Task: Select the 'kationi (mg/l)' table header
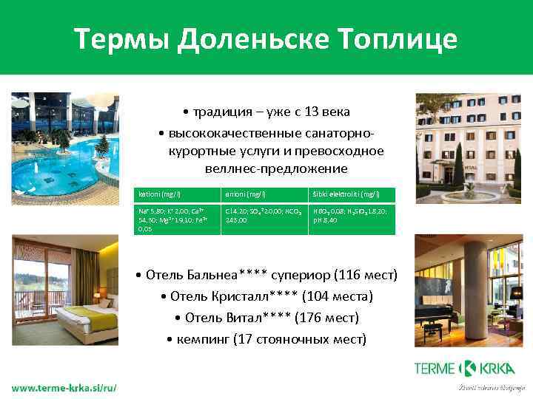tap(176, 194)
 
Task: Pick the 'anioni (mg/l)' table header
tap(265, 194)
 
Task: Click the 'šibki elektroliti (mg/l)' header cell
tap(352, 194)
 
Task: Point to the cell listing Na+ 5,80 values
tap(176, 219)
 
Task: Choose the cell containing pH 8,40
tap(352, 219)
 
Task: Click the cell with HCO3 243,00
tap(265, 219)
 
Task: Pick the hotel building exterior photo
tap(468, 145)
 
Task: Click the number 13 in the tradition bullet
tap(300, 112)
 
